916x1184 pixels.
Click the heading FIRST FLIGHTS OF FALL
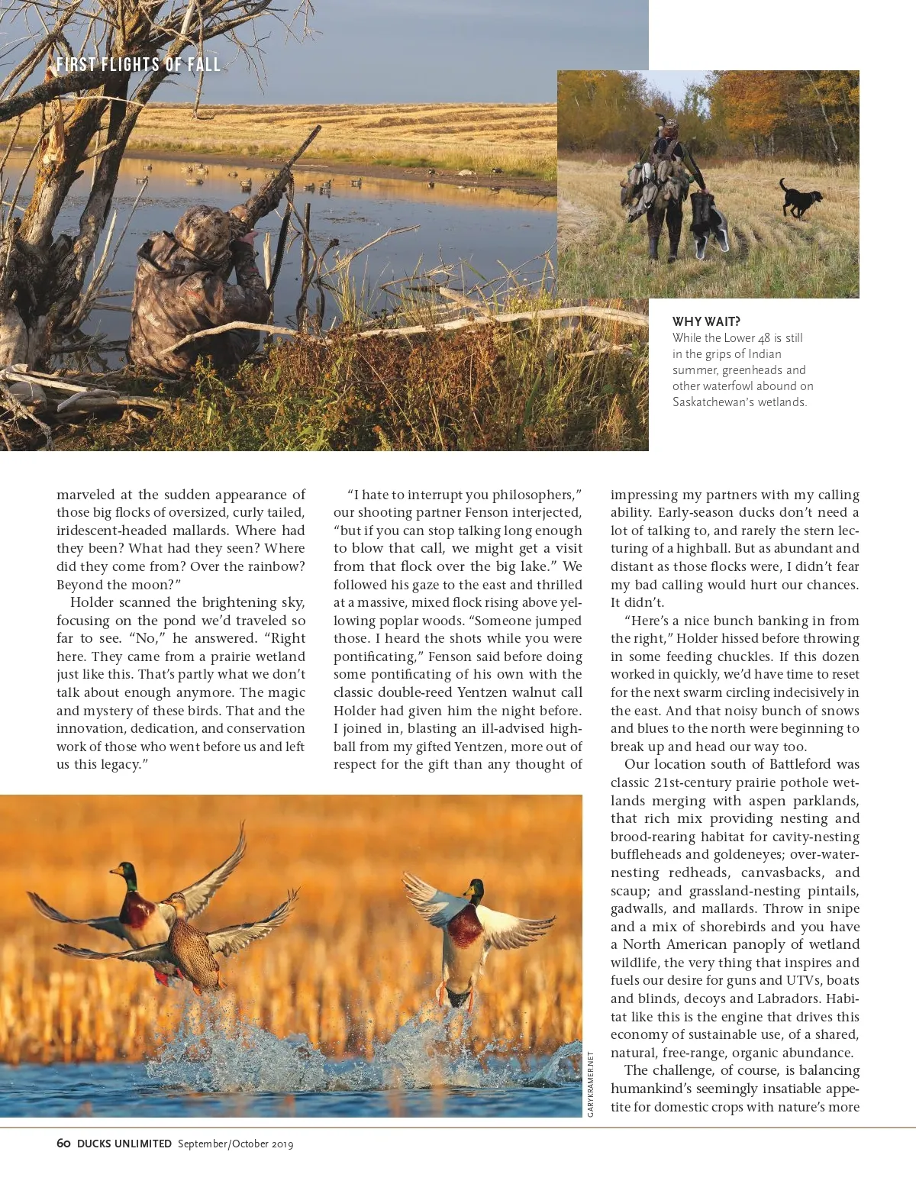(x=138, y=65)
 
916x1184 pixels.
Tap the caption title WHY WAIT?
(x=706, y=322)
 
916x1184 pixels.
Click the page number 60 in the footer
(x=64, y=1144)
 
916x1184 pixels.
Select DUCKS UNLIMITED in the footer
(x=124, y=1144)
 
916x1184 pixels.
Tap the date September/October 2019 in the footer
(x=235, y=1144)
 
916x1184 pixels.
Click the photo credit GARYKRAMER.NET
(x=591, y=1084)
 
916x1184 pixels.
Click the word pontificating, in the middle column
(x=378, y=657)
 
